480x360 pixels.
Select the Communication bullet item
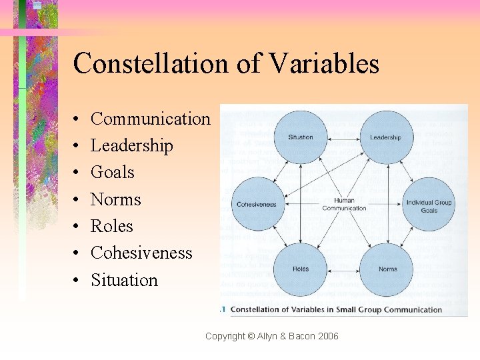[x=150, y=119]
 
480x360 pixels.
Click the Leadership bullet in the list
[x=131, y=145]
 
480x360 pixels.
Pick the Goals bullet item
[x=112, y=172]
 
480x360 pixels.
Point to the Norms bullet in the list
[x=115, y=199]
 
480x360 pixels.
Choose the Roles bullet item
[x=112, y=226]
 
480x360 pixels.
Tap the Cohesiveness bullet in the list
[x=141, y=253]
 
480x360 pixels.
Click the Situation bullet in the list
[x=124, y=280]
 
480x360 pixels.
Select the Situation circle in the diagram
[x=301, y=137]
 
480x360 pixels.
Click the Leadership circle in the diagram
[x=385, y=137]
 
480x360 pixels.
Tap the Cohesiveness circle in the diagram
[x=257, y=204]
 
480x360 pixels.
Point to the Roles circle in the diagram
[x=301, y=269]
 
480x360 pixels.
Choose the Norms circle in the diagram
[x=387, y=269]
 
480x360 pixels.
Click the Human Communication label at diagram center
[x=344, y=204]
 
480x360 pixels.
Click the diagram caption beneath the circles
[x=336, y=309]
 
